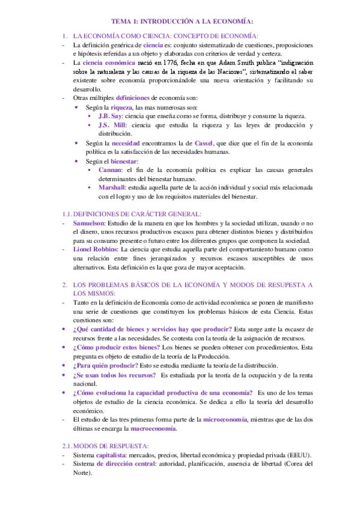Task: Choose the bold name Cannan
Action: (x=110, y=170)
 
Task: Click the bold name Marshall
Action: (x=112, y=188)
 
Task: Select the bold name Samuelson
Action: (x=91, y=223)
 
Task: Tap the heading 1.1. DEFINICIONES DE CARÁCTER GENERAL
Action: (x=132, y=214)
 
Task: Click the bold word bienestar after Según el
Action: (x=123, y=161)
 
